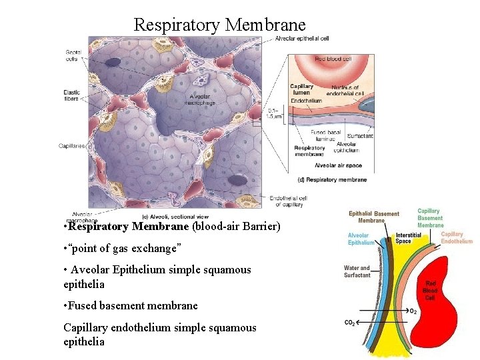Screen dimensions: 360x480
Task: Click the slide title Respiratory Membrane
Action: tap(219, 25)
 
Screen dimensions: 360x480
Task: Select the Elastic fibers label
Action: tap(71, 95)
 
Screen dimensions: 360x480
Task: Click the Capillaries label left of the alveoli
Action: tap(72, 146)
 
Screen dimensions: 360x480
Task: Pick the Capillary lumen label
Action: tap(301, 89)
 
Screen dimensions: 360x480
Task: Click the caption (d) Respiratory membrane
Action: tap(332, 179)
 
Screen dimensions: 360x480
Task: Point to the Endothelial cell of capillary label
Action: tap(288, 201)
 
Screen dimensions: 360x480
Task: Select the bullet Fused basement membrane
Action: tap(131, 305)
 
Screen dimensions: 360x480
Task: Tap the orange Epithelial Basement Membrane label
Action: tap(374, 217)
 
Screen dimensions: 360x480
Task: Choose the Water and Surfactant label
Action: tap(357, 271)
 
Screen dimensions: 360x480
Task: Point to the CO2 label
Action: tap(349, 323)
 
